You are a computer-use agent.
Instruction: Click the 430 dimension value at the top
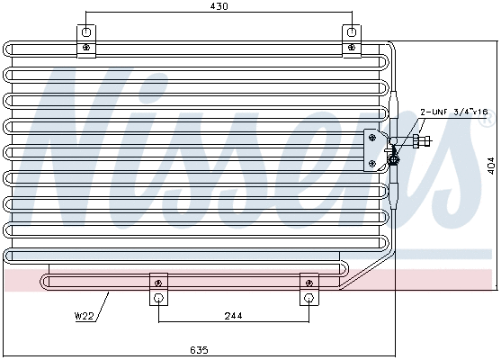point(219,6)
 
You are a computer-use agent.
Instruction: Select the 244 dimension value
point(233,317)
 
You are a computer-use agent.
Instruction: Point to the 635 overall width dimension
point(199,349)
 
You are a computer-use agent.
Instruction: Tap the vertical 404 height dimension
point(490,166)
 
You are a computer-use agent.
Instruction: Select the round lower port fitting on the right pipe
point(393,160)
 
